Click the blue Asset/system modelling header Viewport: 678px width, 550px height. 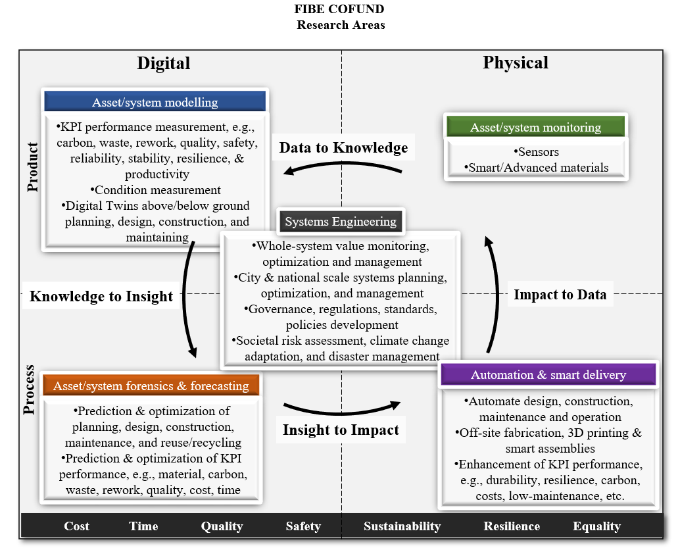[155, 102]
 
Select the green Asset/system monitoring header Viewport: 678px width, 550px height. [536, 127]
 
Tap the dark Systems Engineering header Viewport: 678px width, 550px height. [341, 222]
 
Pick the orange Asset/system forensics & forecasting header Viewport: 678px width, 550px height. [151, 386]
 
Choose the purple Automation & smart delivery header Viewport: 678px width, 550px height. [548, 374]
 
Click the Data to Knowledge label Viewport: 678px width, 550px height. [343, 147]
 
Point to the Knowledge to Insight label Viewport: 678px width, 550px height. [101, 296]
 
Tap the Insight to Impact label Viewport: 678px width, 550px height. [341, 430]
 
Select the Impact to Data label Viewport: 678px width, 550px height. [560, 294]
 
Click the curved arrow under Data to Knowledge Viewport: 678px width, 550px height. [343, 164]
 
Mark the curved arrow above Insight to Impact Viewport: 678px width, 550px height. [341, 412]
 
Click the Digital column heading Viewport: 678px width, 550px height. [164, 63]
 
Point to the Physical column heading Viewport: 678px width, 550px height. [516, 63]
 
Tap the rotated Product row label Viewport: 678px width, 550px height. [32, 167]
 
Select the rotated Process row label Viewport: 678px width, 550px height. [29, 390]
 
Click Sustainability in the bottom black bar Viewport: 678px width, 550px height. [402, 526]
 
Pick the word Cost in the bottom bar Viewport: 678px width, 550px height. [76, 526]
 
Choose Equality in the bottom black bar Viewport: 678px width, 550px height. [596, 526]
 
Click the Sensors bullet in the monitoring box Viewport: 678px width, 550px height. [536, 152]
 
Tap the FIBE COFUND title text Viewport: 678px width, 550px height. [339, 9]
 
